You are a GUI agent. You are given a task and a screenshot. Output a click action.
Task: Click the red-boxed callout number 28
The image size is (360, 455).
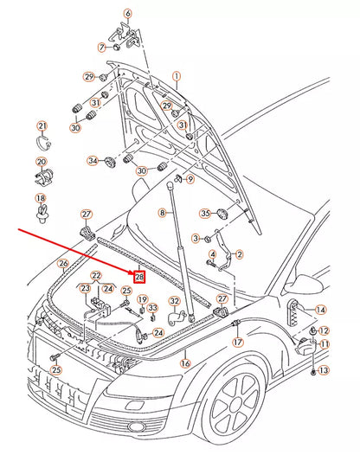[140, 278]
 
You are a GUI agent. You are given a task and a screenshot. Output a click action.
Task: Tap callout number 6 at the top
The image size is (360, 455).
[127, 14]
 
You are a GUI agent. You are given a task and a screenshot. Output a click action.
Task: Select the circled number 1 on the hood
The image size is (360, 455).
[177, 77]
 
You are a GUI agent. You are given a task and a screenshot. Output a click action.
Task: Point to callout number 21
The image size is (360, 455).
[42, 126]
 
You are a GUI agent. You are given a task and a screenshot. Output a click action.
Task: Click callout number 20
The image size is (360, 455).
[42, 162]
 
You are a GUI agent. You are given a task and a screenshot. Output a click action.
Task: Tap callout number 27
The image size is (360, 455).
[87, 214]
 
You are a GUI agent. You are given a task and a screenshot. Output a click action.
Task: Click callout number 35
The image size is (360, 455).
[205, 213]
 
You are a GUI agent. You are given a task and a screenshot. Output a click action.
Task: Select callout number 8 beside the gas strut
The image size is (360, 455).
[161, 212]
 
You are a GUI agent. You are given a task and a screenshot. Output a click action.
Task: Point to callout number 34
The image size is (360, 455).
[93, 160]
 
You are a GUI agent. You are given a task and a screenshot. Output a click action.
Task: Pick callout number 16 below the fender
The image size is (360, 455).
[184, 364]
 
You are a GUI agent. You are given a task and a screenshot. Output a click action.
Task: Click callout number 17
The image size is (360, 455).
[237, 343]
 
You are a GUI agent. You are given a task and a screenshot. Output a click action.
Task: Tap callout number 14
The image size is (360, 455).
[321, 310]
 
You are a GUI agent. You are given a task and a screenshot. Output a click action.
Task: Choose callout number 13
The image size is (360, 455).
[323, 370]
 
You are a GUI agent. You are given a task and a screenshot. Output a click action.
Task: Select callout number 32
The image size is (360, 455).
[174, 302]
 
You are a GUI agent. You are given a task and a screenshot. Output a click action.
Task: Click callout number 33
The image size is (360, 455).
[152, 307]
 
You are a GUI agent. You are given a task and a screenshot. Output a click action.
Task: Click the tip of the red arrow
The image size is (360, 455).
[134, 273]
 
